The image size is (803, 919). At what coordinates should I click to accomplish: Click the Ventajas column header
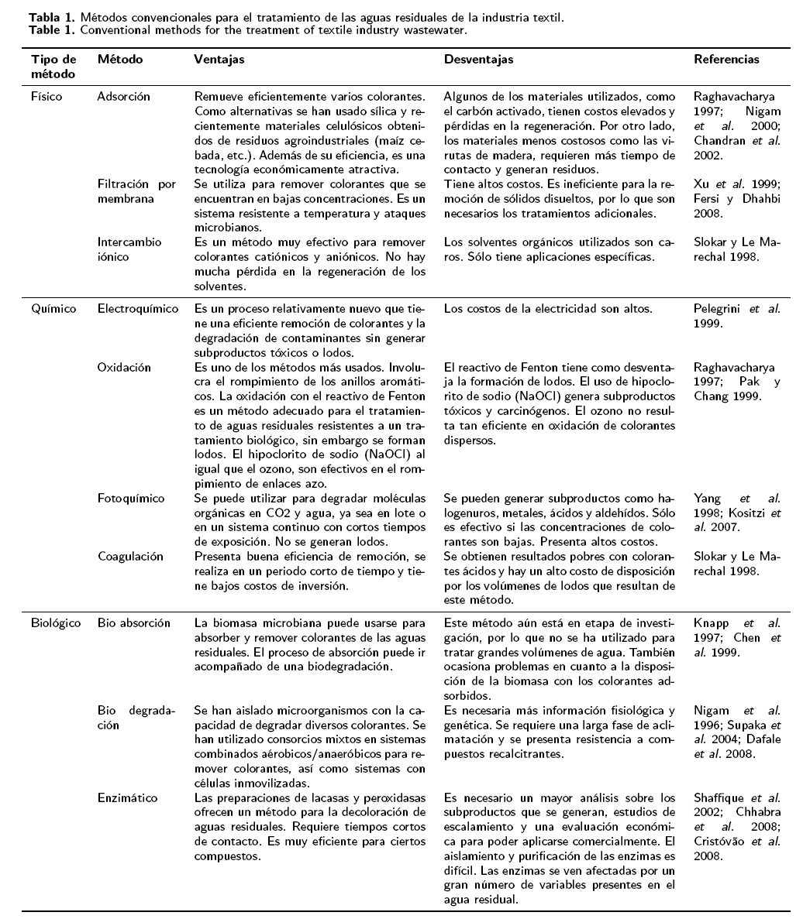[x=219, y=60]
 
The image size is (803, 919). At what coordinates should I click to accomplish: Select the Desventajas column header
[x=478, y=60]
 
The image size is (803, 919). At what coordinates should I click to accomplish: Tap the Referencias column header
[x=726, y=60]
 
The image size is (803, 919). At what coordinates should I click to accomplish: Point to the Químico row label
[x=53, y=309]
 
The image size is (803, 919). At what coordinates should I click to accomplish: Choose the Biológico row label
[x=56, y=623]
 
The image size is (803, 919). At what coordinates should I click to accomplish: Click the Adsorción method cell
[x=124, y=97]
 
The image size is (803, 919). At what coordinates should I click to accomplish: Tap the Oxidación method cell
[x=124, y=367]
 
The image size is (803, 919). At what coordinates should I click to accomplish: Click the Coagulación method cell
[x=130, y=556]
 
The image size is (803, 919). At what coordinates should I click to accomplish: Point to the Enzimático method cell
[x=128, y=797]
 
